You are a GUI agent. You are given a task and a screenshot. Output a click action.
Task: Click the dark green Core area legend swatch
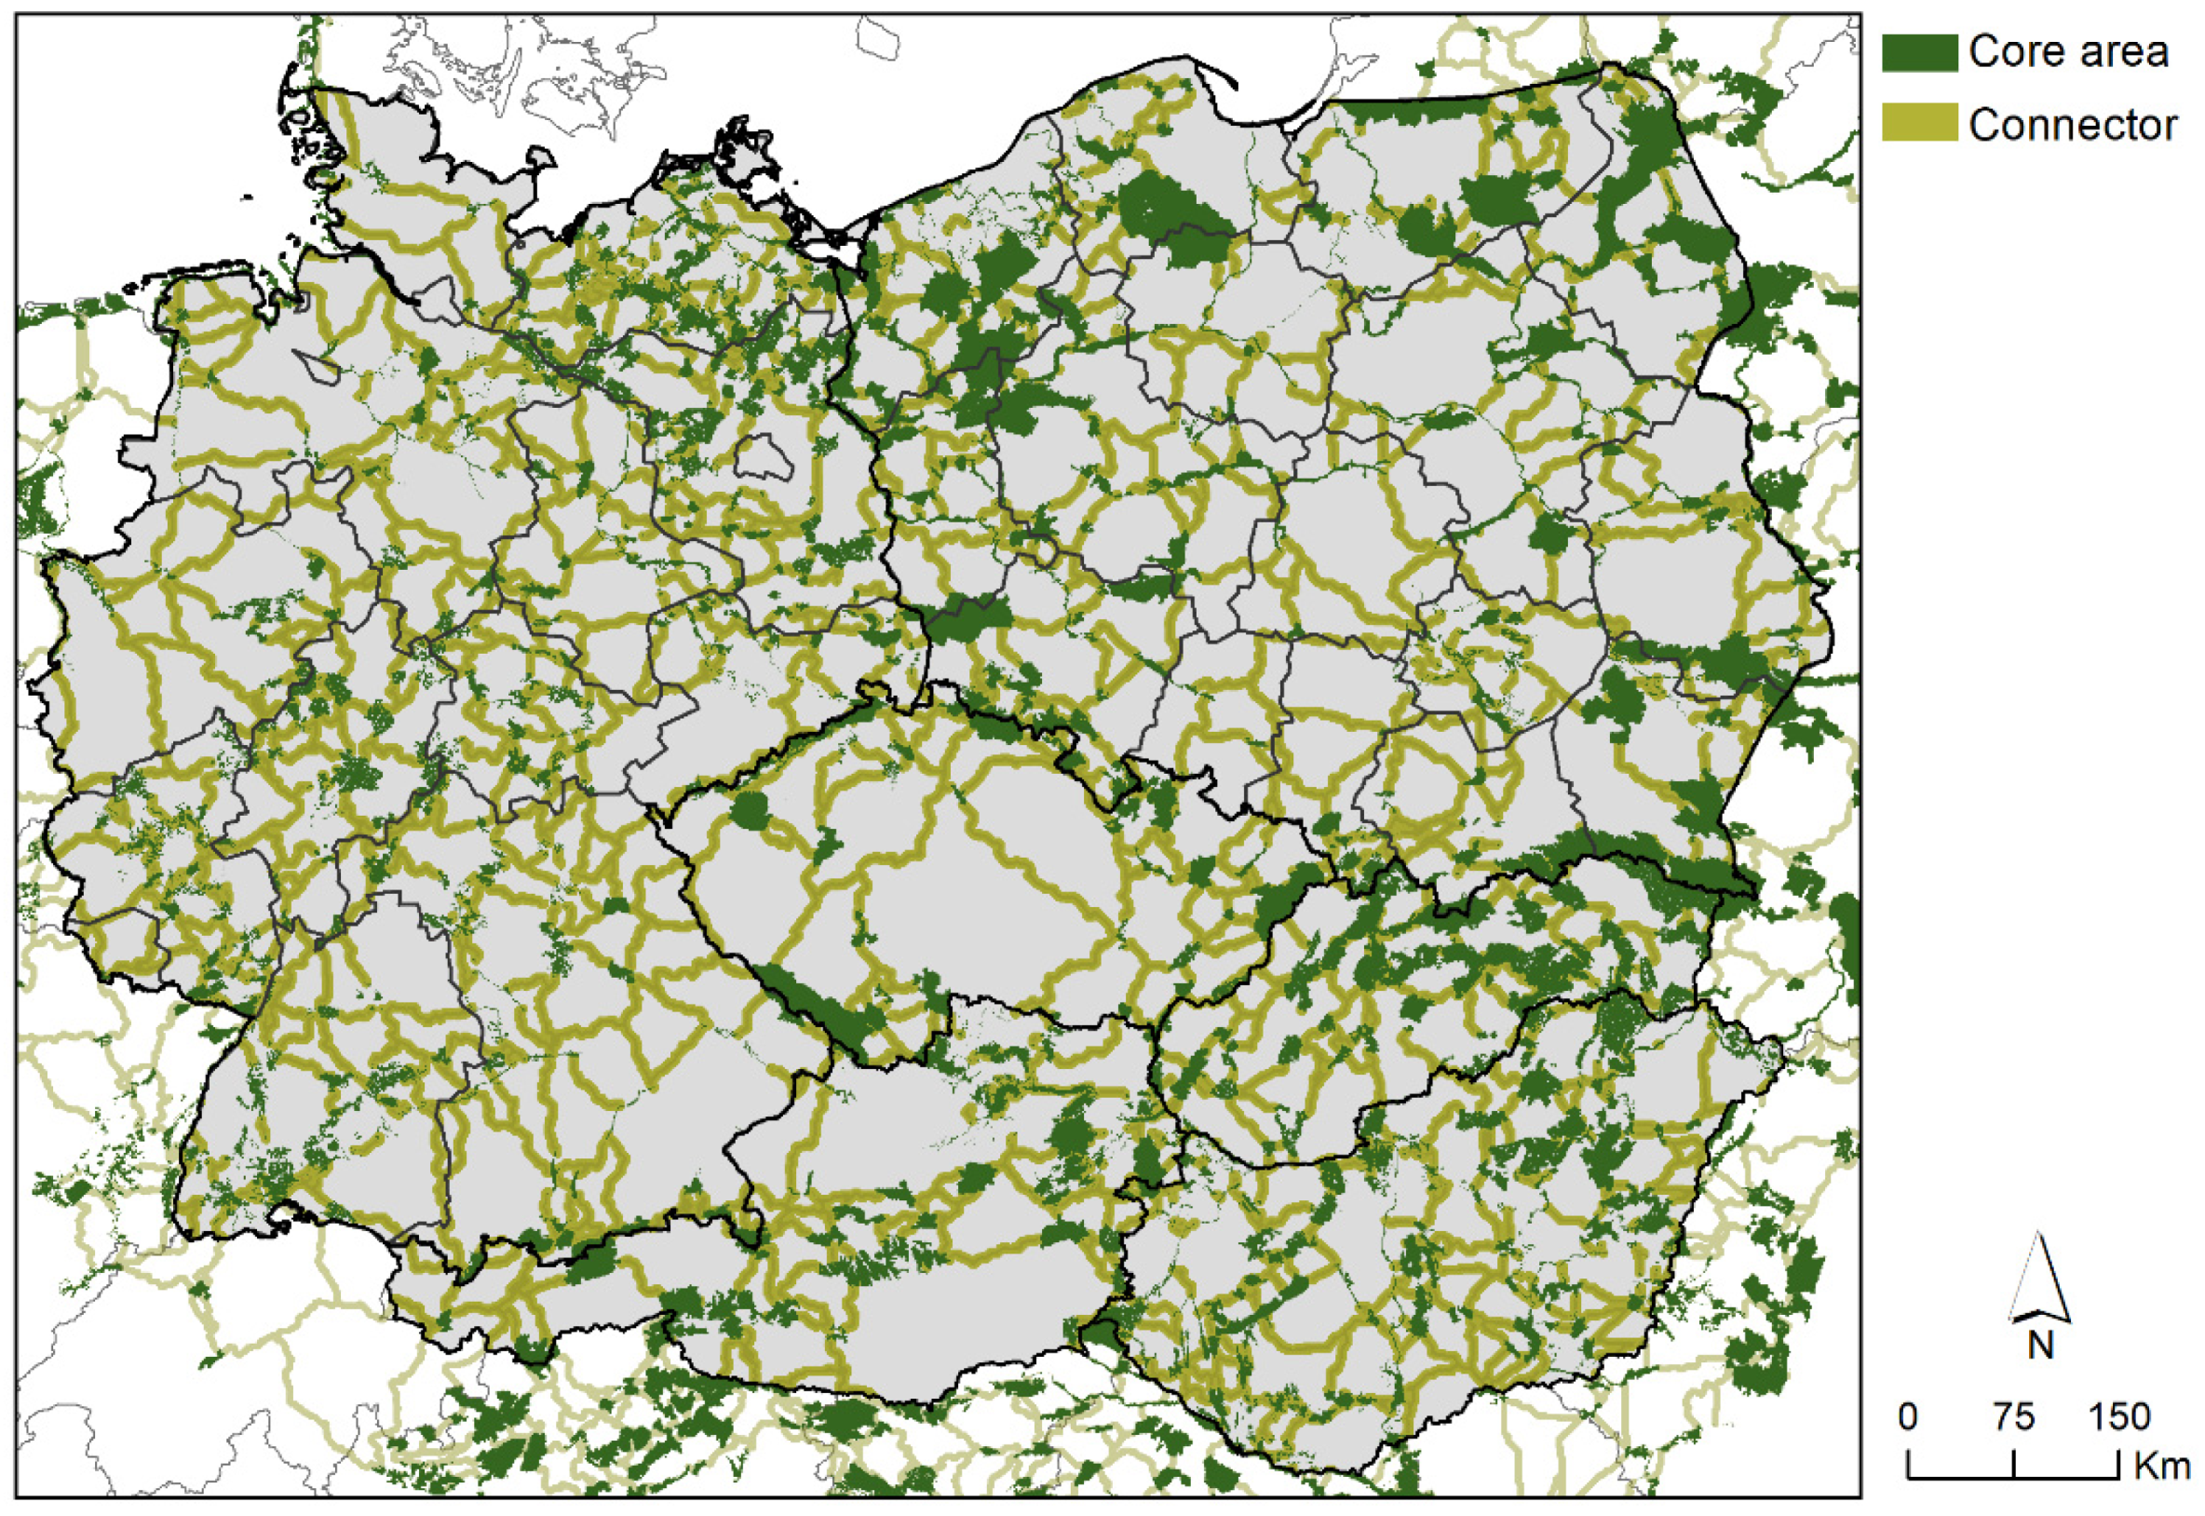(x=1919, y=52)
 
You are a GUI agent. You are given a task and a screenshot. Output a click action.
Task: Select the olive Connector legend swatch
(x=1919, y=124)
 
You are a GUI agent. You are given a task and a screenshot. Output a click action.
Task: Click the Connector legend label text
(x=2072, y=125)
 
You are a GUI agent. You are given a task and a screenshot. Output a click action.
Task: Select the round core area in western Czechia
(x=750, y=810)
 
